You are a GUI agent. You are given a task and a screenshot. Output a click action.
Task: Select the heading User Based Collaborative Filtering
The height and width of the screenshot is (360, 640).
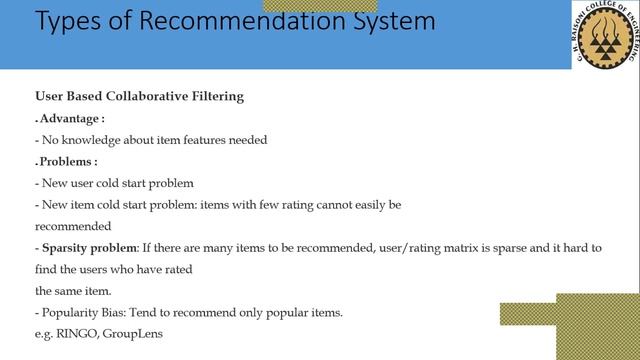click(x=140, y=97)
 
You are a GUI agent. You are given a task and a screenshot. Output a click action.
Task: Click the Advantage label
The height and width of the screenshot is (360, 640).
click(x=72, y=119)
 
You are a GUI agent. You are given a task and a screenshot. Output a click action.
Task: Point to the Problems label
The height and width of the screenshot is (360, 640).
click(x=69, y=161)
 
